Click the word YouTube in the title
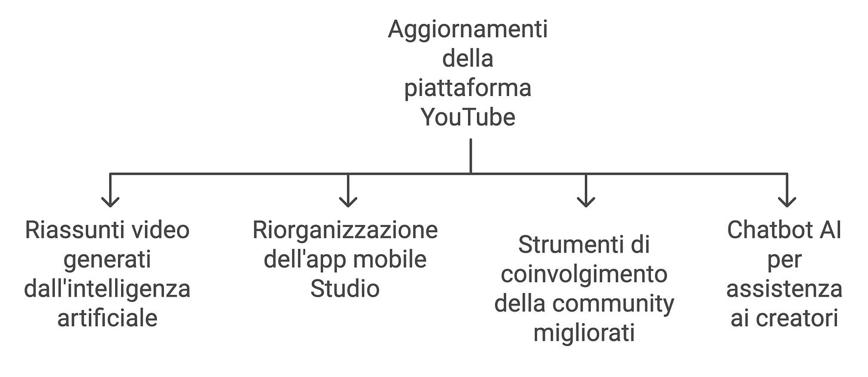[x=468, y=117]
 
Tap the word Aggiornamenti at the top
[x=468, y=30]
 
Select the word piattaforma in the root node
[x=468, y=88]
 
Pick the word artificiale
[x=107, y=318]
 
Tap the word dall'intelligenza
[x=107, y=289]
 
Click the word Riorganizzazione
[x=345, y=230]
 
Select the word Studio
[x=345, y=289]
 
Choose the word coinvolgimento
[x=584, y=274]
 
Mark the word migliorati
[x=584, y=332]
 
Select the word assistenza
[x=784, y=289]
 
